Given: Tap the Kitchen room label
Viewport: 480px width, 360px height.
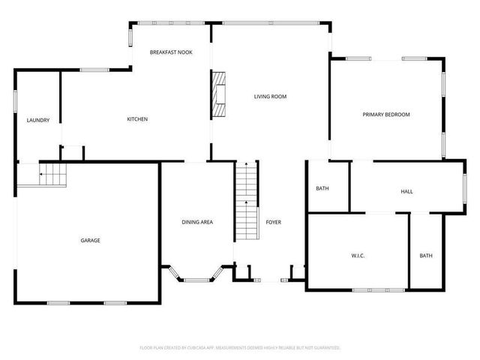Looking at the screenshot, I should pyautogui.click(x=136, y=119).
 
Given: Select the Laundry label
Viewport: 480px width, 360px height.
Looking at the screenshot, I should pyautogui.click(x=37, y=120).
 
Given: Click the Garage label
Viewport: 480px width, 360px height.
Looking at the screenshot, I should pyautogui.click(x=90, y=240).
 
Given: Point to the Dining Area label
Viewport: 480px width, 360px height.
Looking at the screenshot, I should pyautogui.click(x=197, y=222).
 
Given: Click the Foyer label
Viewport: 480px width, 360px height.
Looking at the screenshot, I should pyautogui.click(x=273, y=222).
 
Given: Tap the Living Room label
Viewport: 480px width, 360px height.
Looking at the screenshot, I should pyautogui.click(x=270, y=96).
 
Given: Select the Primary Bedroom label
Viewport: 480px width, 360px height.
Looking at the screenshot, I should pyautogui.click(x=386, y=114).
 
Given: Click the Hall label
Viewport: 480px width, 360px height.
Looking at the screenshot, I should pyautogui.click(x=406, y=191).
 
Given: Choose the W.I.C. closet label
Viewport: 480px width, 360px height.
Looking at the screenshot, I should pyautogui.click(x=358, y=256).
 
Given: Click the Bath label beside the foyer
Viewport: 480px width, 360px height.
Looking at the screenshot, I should pyautogui.click(x=322, y=188).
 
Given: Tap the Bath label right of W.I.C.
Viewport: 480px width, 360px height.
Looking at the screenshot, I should pyautogui.click(x=425, y=256).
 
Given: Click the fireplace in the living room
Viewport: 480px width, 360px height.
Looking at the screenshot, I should pyautogui.click(x=217, y=94).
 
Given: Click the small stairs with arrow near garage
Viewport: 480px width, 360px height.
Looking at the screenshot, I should pyautogui.click(x=52, y=175).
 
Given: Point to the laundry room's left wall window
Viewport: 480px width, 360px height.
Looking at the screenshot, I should pyautogui.click(x=14, y=101).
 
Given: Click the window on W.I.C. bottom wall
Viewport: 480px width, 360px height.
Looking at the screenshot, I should pyautogui.click(x=373, y=289).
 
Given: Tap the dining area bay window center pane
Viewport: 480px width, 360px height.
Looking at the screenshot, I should pyautogui.click(x=196, y=280).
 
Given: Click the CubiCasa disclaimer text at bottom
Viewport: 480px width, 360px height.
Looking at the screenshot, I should pyautogui.click(x=240, y=348).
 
